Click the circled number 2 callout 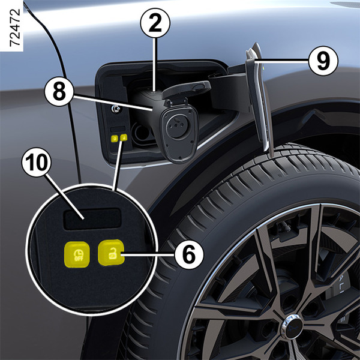pyautogui.click(x=155, y=23)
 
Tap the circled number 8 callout pyautogui.click(x=59, y=91)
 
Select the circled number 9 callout pyautogui.click(x=323, y=61)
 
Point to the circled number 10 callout pyautogui.click(x=37, y=163)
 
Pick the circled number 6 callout pyautogui.click(x=189, y=254)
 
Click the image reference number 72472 pyautogui.click(x=16, y=28)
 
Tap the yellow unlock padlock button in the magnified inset pyautogui.click(x=112, y=253)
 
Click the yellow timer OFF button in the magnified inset pyautogui.click(x=77, y=254)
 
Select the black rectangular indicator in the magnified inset pyautogui.click(x=92, y=219)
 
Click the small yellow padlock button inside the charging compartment pyautogui.click(x=124, y=137)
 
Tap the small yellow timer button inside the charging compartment pyautogui.click(x=115, y=138)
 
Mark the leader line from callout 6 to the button pyautogui.click(x=148, y=254)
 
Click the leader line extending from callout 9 pyautogui.click(x=281, y=61)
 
